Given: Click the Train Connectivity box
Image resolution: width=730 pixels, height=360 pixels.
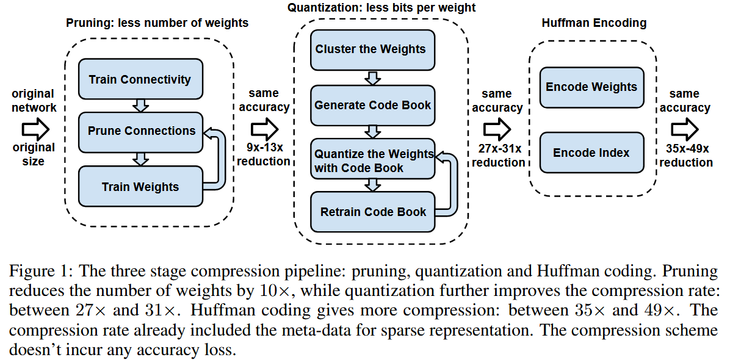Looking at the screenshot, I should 140,79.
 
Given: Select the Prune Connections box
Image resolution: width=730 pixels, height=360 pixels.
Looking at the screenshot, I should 141,131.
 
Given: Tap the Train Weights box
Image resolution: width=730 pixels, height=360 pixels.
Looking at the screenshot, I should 140,186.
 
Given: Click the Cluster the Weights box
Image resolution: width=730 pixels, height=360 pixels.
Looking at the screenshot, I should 372,49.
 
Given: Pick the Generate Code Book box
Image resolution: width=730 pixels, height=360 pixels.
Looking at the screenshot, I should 372,105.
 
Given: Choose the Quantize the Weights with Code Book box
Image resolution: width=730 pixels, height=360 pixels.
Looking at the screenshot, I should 372,160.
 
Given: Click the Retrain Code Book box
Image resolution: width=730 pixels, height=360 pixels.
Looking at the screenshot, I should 372,212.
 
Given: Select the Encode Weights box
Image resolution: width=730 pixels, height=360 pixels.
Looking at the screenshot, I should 591,87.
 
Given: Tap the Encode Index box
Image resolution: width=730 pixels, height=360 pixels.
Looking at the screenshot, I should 591,153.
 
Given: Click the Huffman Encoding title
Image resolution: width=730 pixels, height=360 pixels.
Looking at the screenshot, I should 594,23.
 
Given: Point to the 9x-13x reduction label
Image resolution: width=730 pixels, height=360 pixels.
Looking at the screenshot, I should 264,154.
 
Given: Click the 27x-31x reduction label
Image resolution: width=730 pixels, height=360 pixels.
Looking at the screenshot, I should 497,156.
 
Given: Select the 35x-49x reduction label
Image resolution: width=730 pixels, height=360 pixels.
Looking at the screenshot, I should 685,156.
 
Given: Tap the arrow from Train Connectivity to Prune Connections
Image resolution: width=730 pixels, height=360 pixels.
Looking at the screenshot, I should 141,106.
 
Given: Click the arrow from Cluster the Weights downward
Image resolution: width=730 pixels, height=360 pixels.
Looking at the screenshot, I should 372,77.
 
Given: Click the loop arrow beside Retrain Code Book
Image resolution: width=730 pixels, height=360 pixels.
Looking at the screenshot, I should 449,183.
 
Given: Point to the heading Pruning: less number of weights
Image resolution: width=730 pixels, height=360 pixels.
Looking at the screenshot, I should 157,23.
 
